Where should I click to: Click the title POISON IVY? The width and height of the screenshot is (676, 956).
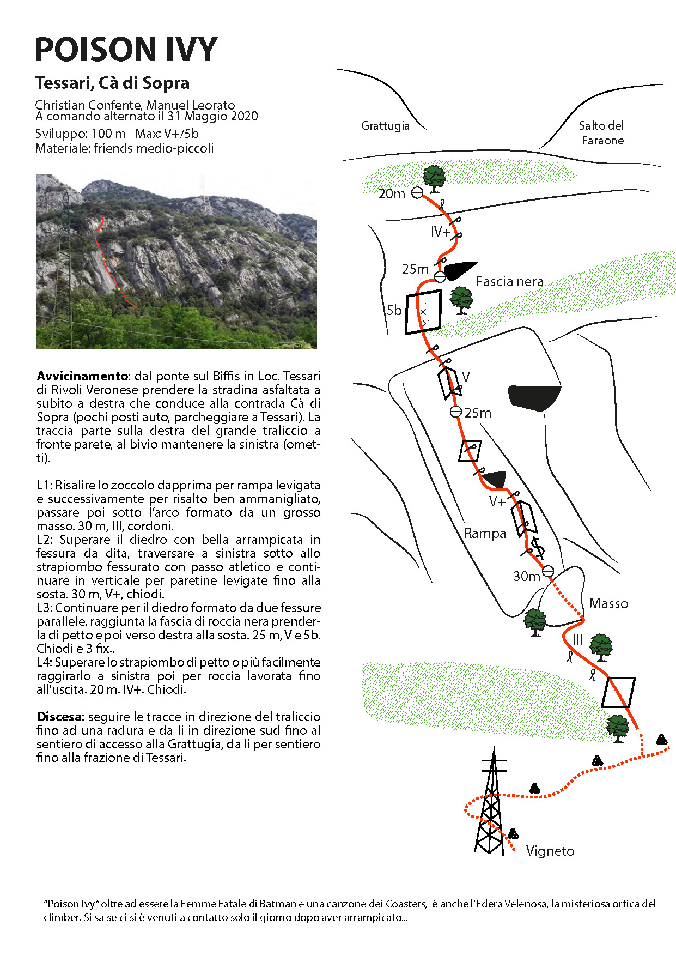(126, 50)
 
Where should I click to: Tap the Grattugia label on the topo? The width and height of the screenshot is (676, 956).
(385, 126)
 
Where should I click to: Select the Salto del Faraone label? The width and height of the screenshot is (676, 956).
(602, 133)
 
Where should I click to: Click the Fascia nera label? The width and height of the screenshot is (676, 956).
(509, 281)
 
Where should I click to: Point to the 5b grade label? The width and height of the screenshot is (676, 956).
(394, 310)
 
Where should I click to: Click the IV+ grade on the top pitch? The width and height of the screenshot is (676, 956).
(441, 232)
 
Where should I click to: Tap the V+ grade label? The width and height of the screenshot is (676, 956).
(497, 502)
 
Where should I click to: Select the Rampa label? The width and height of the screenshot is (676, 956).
(485, 533)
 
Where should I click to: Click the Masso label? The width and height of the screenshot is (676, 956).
(608, 603)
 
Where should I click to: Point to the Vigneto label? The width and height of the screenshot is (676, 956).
(550, 851)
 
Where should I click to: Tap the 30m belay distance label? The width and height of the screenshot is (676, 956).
(526, 576)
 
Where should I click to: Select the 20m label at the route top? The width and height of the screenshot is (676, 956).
(392, 193)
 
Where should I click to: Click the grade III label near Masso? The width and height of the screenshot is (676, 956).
(577, 640)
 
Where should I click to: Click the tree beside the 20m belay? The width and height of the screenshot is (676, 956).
(434, 179)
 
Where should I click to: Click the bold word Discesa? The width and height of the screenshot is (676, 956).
(59, 717)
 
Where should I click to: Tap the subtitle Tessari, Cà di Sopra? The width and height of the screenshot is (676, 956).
(112, 83)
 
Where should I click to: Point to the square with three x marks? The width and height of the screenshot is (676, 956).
(423, 312)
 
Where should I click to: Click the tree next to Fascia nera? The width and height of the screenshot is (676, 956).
(461, 300)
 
